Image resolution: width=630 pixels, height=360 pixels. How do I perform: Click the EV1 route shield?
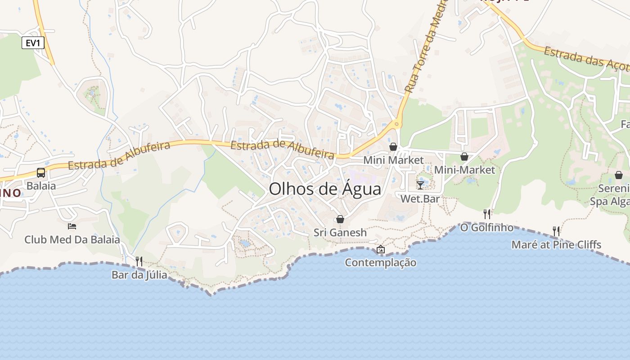point(33,43)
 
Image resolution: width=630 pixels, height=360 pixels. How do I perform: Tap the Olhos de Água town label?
point(325,189)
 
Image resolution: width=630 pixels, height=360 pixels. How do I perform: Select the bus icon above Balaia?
point(40,172)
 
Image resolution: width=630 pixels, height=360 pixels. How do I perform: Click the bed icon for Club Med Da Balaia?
point(72,226)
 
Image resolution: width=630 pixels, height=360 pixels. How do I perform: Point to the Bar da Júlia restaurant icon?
point(139,261)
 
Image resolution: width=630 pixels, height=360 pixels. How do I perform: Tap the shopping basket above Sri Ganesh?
point(340,219)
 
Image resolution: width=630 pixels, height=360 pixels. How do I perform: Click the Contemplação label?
point(381,262)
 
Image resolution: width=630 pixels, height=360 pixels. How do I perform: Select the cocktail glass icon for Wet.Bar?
point(420,185)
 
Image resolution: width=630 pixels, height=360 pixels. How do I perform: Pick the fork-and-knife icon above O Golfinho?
point(486,214)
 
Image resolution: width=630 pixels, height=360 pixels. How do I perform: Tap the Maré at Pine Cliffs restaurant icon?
point(556,231)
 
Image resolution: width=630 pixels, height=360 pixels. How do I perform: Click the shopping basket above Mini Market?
point(393,147)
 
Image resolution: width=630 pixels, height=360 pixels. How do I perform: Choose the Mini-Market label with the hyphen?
point(464,170)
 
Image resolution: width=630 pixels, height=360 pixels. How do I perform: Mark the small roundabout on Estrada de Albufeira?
point(396,123)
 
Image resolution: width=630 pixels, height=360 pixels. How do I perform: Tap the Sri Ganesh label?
point(340,233)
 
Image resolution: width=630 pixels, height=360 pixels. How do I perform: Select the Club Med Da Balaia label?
point(72,239)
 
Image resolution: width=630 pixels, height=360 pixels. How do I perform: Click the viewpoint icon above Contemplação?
point(381,249)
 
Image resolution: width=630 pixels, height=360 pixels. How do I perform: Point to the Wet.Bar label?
point(420,198)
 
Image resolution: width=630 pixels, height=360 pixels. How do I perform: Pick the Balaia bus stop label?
point(41,186)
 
